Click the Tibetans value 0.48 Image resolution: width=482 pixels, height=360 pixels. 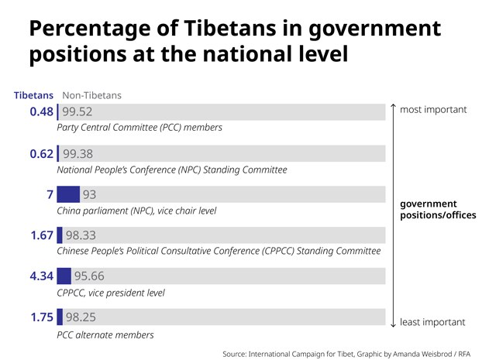(x=41, y=111)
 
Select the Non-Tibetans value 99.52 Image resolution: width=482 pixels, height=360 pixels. (x=77, y=111)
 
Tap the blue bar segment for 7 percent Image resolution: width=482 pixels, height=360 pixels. (x=68, y=194)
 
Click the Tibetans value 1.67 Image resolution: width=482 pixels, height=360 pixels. (x=41, y=235)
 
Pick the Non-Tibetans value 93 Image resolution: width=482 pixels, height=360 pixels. (x=89, y=194)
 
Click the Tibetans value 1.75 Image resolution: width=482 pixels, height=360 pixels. (x=41, y=317)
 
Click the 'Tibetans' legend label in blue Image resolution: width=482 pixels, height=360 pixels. (x=33, y=95)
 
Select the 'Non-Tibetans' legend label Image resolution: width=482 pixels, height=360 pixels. (x=91, y=95)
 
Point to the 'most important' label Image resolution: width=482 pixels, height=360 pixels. (x=433, y=109)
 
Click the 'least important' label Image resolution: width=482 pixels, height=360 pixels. (x=432, y=322)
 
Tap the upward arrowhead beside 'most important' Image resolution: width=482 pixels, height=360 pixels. (x=393, y=106)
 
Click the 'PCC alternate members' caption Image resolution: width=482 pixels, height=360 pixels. (x=105, y=334)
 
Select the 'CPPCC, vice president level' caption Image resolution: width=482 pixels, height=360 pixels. (x=111, y=293)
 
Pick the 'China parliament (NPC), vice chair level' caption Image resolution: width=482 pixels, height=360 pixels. (x=136, y=211)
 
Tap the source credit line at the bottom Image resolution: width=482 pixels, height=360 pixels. (x=346, y=353)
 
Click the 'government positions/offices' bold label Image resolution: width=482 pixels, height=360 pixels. (x=438, y=209)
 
